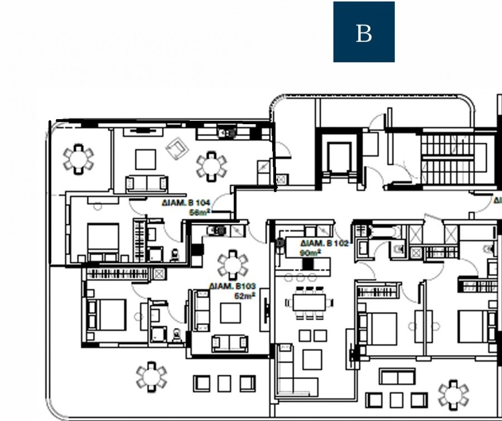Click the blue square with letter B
tap(364, 32)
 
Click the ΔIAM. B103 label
tap(233, 286)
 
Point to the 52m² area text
tap(244, 296)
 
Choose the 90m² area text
tap(310, 253)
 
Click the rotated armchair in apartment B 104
tap(177, 149)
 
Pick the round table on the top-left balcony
tap(78, 159)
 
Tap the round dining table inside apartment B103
tap(231, 263)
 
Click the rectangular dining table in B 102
tap(308, 303)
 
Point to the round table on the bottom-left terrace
tap(151, 376)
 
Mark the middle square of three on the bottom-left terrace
tap(224, 383)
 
